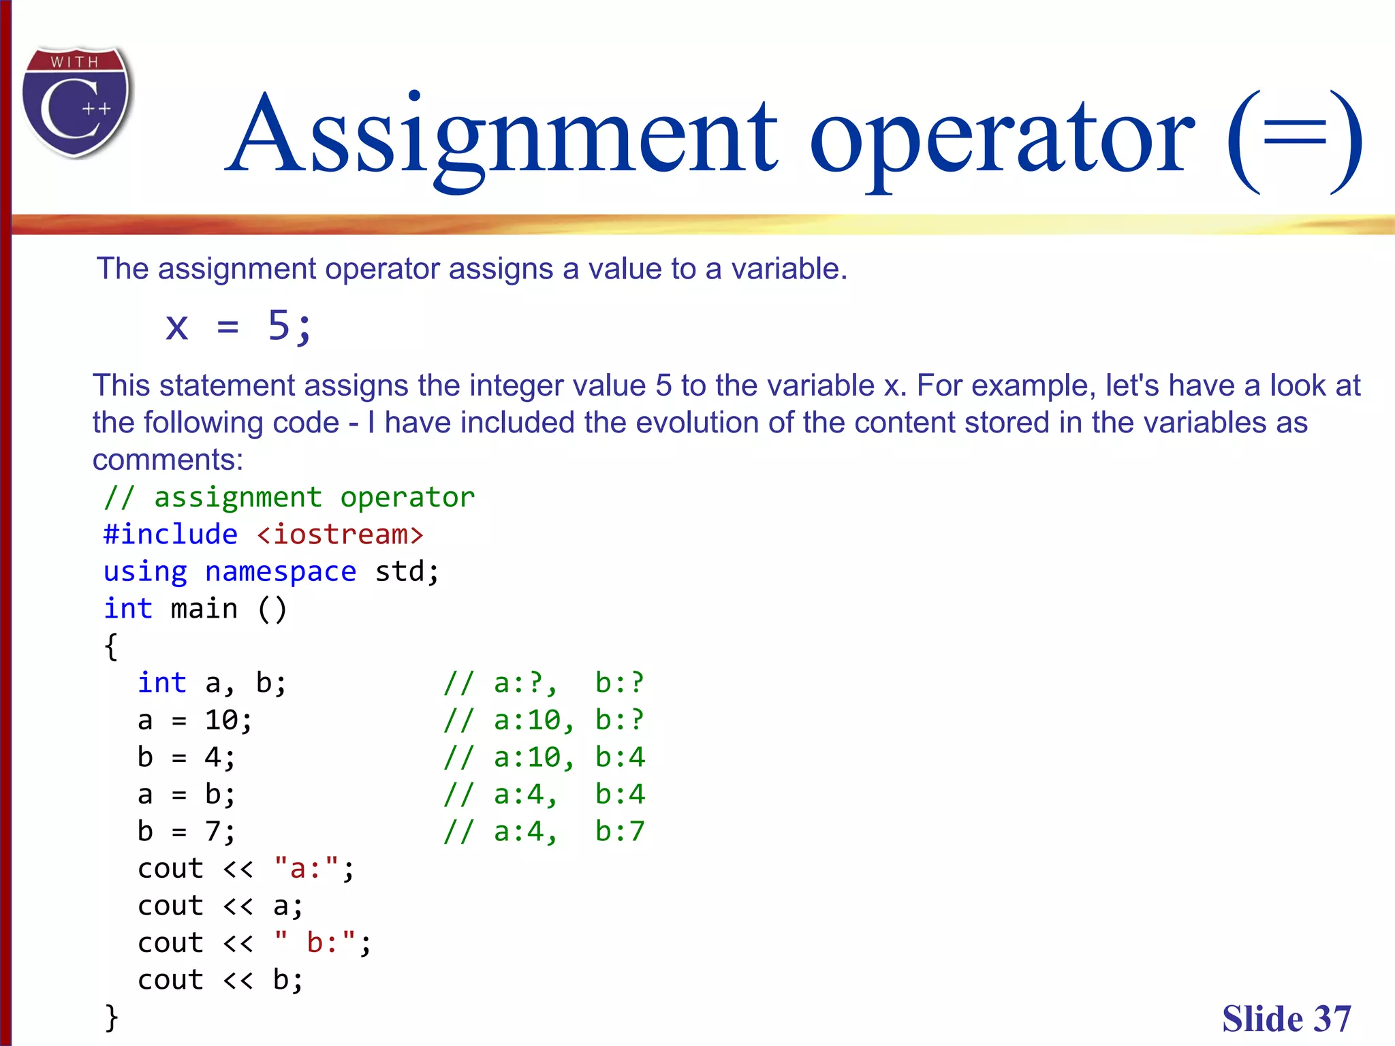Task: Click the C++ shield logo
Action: coord(76,102)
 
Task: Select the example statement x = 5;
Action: coord(238,326)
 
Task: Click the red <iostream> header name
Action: coord(340,535)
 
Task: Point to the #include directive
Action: coord(170,535)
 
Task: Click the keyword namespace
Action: coord(281,572)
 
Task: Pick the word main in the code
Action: coord(204,609)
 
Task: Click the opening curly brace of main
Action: coord(111,646)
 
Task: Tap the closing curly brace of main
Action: coord(111,1017)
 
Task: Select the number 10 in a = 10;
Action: coord(221,720)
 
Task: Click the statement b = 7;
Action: coord(187,831)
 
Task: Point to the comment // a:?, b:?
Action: coord(544,683)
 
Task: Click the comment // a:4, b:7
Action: coord(544,831)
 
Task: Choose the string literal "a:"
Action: coord(306,869)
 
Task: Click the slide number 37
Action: coord(1332,1019)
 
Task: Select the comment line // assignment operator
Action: coord(289,498)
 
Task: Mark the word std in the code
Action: coord(399,572)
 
